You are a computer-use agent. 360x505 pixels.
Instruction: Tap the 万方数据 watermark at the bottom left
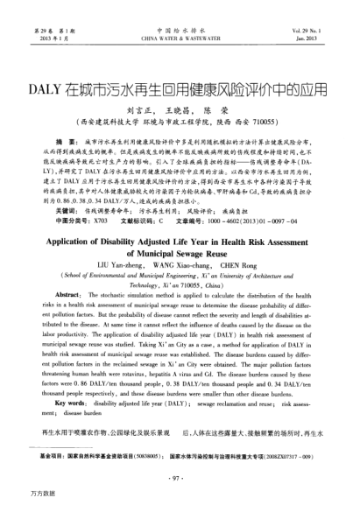19,495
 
